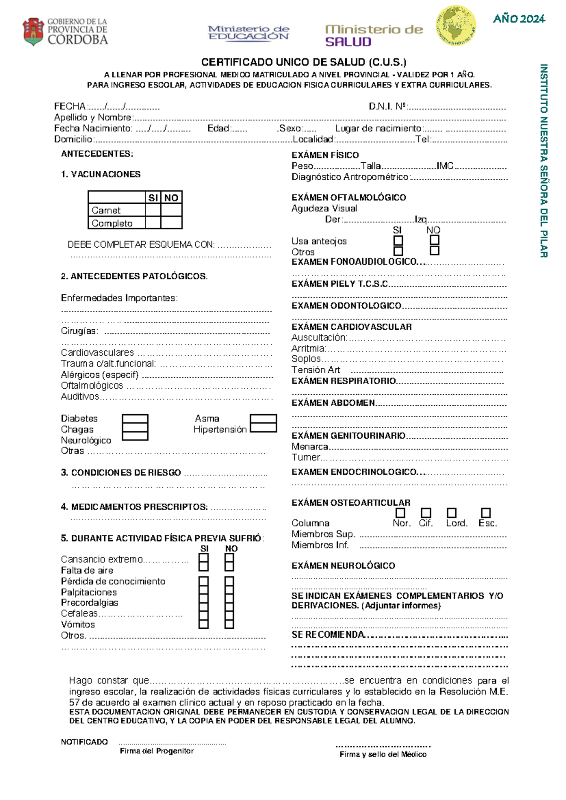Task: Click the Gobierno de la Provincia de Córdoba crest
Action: click(33, 32)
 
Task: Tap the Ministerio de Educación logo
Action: click(249, 33)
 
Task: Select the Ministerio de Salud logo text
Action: click(374, 35)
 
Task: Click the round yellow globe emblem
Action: click(455, 25)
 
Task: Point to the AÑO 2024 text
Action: click(519, 19)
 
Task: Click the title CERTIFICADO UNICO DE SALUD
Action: click(303, 62)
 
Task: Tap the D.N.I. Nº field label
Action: click(388, 107)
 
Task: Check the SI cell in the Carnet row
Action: click(153, 210)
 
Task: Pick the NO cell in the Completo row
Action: click(171, 223)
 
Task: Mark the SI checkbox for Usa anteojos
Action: click(398, 240)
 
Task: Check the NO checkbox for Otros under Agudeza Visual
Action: click(434, 250)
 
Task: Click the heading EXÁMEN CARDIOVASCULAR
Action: click(351, 327)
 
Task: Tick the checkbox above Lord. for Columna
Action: click(451, 513)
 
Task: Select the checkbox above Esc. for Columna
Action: click(486, 513)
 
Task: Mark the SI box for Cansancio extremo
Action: click(204, 558)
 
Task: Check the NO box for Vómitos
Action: click(229, 624)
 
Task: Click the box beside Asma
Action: click(263, 419)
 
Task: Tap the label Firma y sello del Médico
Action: click(383, 754)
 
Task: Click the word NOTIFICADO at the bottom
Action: click(84, 742)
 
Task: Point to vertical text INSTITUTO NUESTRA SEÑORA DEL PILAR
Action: click(543, 160)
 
